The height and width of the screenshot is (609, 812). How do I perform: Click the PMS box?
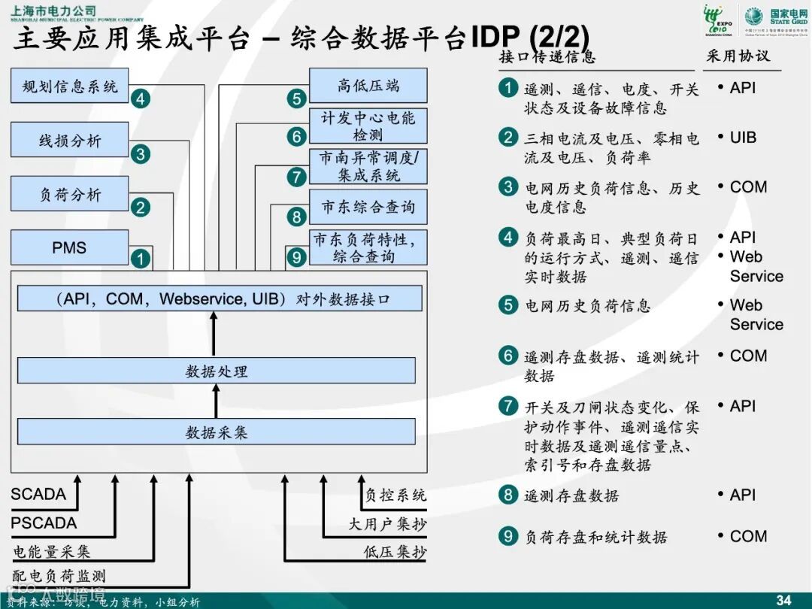(69, 247)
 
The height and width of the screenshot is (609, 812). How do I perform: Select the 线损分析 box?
(69, 141)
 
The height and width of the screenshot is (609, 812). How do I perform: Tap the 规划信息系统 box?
(69, 86)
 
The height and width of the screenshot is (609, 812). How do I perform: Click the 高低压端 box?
(368, 86)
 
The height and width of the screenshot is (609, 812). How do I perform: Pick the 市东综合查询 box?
(368, 207)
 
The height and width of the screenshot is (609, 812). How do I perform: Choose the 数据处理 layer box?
(216, 371)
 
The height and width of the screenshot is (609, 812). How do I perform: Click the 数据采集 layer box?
(216, 432)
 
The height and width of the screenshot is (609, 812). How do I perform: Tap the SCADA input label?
(38, 495)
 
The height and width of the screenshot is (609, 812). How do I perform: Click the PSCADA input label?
(44, 523)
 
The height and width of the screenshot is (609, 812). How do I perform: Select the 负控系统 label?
(395, 495)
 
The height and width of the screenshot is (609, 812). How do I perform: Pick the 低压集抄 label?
(395, 552)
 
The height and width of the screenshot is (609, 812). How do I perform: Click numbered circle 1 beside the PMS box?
(141, 259)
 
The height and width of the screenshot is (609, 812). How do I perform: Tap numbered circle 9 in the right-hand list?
(509, 536)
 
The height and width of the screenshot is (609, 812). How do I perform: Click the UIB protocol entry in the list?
(743, 138)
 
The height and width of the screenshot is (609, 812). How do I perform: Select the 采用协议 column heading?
(738, 56)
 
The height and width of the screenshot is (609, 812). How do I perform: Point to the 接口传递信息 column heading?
(547, 56)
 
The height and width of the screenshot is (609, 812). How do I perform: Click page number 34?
(783, 600)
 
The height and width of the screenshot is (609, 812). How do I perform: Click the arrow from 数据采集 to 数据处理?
(216, 401)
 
